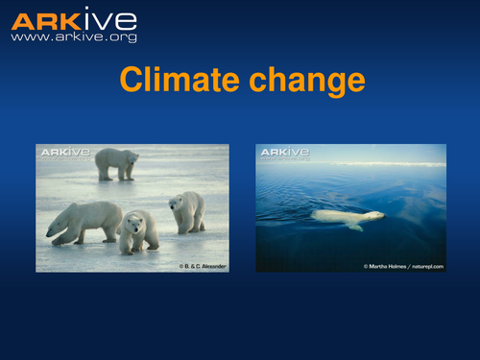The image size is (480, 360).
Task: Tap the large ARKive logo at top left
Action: coord(73,19)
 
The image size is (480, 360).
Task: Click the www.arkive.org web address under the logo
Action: coord(73,37)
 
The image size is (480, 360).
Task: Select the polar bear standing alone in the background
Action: coord(116,163)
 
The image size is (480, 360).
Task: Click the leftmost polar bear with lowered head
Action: coord(84,221)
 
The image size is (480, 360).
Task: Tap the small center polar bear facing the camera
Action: coord(138,231)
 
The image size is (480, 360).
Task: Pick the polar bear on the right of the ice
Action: coord(187,211)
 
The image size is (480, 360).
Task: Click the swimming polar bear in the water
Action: coord(348,217)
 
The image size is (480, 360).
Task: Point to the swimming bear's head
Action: coord(376,215)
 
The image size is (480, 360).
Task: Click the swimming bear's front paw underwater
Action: coord(356,227)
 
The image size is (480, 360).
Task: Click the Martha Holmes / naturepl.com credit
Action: coord(403,265)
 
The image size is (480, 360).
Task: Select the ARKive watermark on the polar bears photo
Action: coord(62,152)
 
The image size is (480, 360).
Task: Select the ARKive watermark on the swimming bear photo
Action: coord(285,152)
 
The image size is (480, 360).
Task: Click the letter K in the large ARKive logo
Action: coord(62,19)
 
